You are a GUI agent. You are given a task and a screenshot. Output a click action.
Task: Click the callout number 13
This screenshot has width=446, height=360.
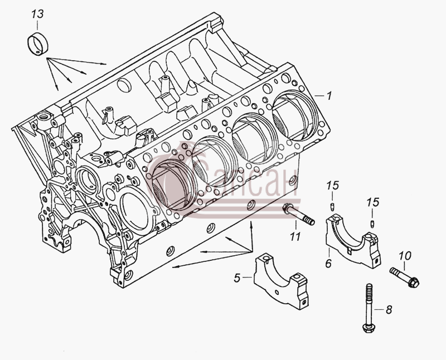click(37, 14)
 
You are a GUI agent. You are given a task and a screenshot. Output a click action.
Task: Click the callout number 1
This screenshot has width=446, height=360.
click(329, 96)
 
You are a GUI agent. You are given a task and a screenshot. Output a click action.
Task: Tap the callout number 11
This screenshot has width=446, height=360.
click(295, 236)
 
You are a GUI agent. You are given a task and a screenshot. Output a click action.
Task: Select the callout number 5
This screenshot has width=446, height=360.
click(237, 278)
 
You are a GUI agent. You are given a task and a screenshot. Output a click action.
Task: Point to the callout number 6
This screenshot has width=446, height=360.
click(328, 263)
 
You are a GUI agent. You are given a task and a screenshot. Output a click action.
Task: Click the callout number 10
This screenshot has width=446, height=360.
click(405, 256)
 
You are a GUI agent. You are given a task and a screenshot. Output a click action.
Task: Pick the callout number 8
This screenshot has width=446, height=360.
click(389, 309)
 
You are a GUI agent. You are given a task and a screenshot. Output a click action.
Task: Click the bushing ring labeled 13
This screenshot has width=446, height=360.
click(38, 45)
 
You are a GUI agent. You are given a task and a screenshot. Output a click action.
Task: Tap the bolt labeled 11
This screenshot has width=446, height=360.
click(299, 215)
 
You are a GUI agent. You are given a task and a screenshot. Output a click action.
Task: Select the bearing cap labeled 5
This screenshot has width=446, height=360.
click(280, 281)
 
